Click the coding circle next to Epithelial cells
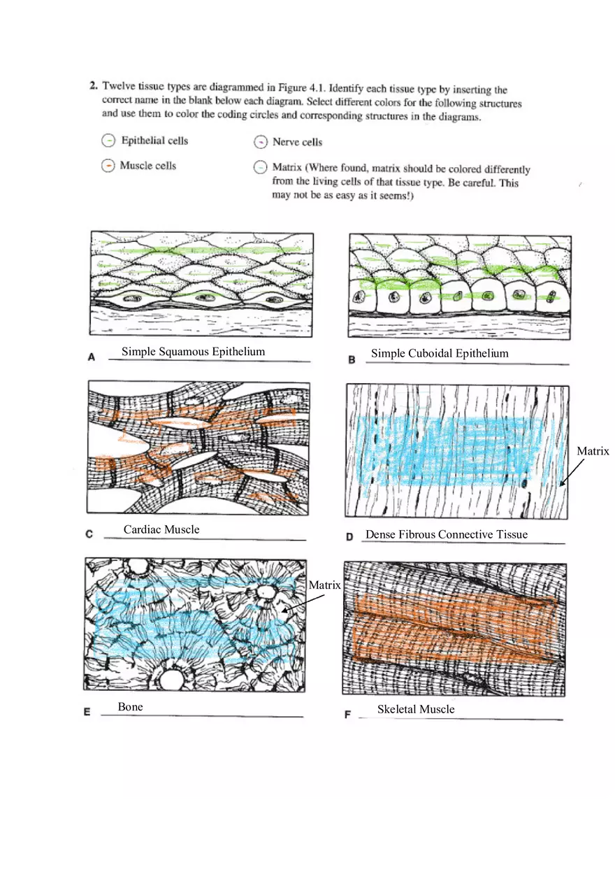(108, 141)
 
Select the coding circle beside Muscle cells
(108, 166)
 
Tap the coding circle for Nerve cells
(260, 143)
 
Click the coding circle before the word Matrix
(260, 168)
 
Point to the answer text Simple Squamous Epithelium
(193, 352)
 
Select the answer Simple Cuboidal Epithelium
(440, 353)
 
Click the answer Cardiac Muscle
(161, 529)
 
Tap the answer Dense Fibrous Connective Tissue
(447, 535)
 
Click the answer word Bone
(130, 707)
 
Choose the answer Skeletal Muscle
(416, 709)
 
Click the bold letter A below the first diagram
(92, 357)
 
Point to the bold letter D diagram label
(349, 537)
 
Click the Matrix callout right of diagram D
(593, 452)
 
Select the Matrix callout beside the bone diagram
(324, 585)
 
